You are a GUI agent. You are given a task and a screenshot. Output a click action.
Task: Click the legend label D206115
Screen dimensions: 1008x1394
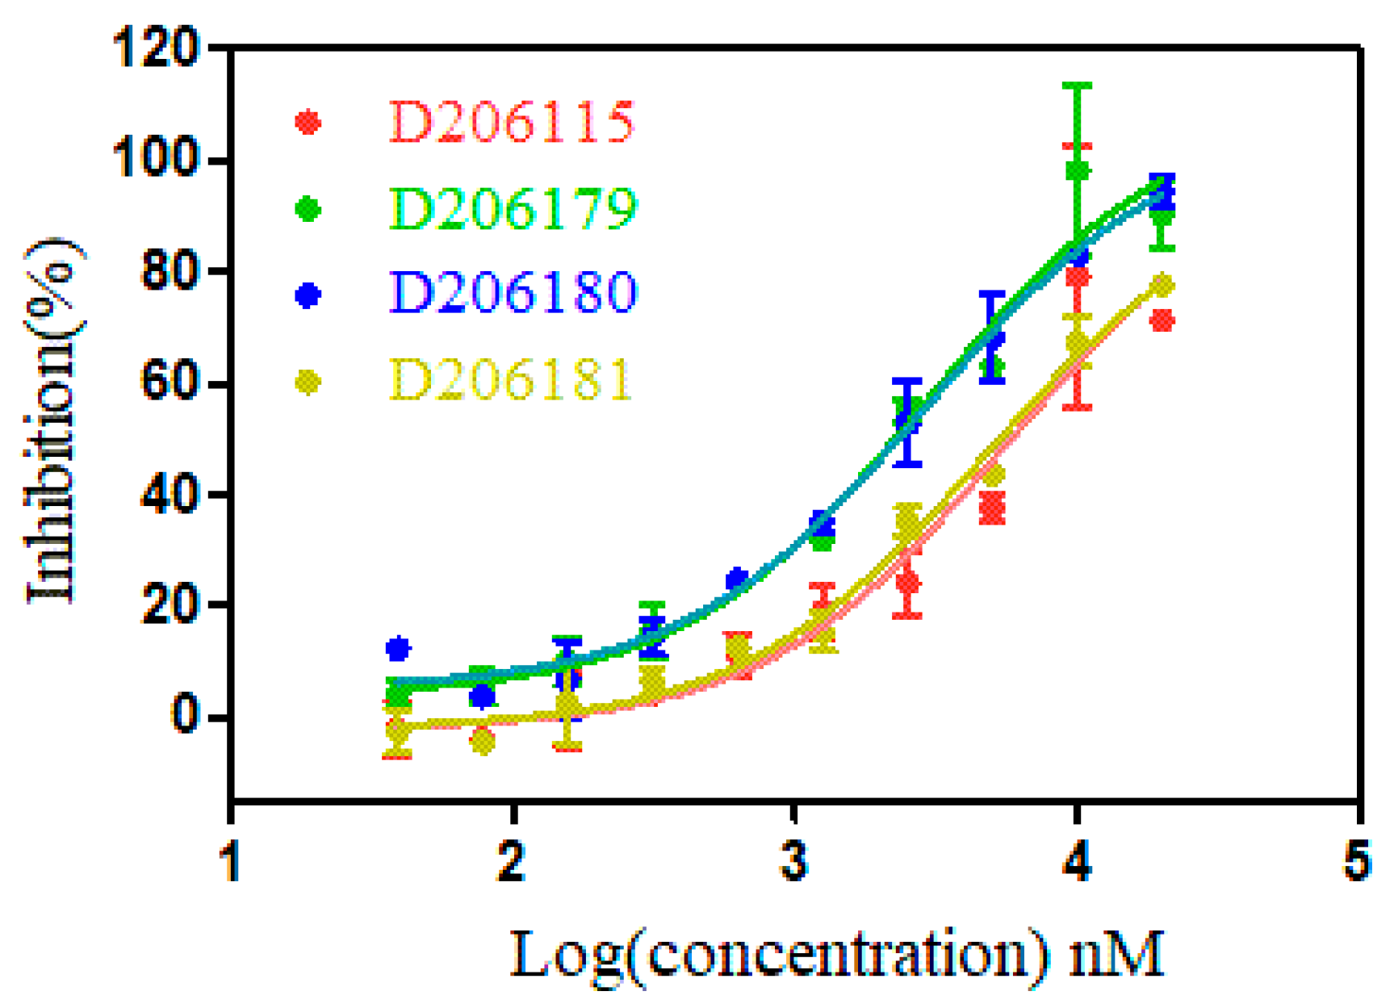(511, 123)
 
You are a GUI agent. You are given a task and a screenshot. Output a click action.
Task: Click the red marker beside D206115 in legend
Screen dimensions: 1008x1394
(308, 123)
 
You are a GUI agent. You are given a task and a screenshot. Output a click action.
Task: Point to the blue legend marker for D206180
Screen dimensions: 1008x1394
(308, 295)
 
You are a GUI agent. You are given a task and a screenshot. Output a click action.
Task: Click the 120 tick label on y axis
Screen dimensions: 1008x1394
(157, 48)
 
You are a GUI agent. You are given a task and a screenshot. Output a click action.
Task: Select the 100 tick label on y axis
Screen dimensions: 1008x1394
(157, 161)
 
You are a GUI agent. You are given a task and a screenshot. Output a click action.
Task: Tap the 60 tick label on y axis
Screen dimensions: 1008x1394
(170, 383)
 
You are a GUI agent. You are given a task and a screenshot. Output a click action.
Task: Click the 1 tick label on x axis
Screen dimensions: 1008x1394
(231, 862)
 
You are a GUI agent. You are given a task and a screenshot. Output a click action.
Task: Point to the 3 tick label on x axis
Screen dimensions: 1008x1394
(795, 862)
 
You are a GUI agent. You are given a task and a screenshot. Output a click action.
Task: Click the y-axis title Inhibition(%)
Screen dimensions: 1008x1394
(53, 420)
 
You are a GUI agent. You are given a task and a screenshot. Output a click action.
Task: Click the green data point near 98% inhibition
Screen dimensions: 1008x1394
(1078, 171)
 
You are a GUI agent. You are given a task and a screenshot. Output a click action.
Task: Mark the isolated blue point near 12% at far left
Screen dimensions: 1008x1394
(398, 648)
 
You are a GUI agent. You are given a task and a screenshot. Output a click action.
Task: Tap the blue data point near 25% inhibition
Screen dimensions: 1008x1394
(736, 579)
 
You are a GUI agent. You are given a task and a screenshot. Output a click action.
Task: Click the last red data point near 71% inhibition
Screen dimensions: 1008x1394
(1162, 321)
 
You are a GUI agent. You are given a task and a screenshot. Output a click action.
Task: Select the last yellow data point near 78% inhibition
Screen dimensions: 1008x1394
(1162, 286)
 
